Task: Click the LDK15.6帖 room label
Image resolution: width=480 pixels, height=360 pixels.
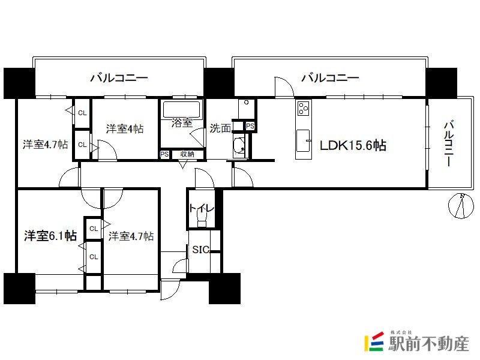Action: [x=353, y=145]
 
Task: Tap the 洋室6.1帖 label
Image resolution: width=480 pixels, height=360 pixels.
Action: [x=50, y=236]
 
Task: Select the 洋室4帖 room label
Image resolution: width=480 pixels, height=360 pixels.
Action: [x=125, y=128]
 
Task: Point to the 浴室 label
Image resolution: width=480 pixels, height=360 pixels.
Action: [x=182, y=123]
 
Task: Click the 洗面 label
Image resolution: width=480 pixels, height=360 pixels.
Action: [x=220, y=128]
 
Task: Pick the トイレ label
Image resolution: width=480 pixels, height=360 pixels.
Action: [x=201, y=208]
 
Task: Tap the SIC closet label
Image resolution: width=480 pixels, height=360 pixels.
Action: [x=201, y=250]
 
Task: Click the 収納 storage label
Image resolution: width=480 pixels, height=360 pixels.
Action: [x=187, y=154]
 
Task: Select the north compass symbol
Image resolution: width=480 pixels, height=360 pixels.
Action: [x=461, y=206]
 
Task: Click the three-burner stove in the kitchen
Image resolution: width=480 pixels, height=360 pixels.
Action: [x=304, y=109]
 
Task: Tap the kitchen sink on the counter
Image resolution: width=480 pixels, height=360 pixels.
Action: [x=303, y=140]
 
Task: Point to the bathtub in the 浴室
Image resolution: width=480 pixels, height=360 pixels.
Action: [x=182, y=109]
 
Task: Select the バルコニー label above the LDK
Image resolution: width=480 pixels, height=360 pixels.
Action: [x=330, y=78]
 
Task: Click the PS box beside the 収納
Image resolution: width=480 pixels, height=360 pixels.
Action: [x=164, y=154]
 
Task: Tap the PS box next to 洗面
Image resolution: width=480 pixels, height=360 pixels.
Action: [x=250, y=126]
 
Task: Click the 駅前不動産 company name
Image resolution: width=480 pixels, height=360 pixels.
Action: [x=429, y=343]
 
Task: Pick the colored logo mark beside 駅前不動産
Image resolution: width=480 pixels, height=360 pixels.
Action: [x=374, y=341]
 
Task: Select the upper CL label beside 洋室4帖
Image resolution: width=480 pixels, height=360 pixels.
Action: [x=82, y=113]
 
